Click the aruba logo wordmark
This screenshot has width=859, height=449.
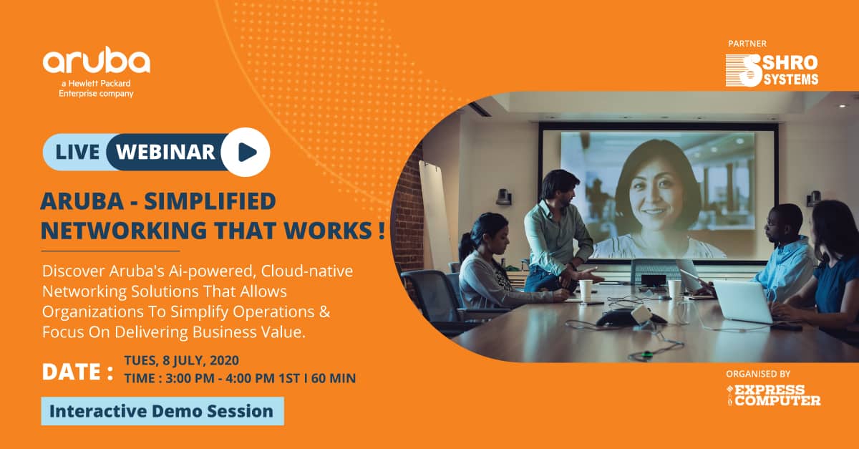point(96,60)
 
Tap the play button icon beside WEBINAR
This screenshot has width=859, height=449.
point(246,152)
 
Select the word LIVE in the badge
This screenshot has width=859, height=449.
point(77,152)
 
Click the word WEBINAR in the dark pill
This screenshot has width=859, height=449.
point(165,152)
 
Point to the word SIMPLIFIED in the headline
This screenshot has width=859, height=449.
point(210,201)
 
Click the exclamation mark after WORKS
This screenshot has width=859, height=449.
point(381,231)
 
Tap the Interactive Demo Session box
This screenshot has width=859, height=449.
point(162,411)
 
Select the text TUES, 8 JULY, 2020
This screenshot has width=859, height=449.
point(181,361)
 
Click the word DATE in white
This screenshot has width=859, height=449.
point(72,372)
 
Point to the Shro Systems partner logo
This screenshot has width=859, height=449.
point(772,70)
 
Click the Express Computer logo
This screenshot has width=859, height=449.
point(773,395)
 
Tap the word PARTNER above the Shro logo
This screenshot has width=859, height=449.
point(747,44)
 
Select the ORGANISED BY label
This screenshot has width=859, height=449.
point(758,374)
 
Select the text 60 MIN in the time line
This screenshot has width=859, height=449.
point(334,378)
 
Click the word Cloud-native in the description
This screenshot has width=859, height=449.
point(307,271)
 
